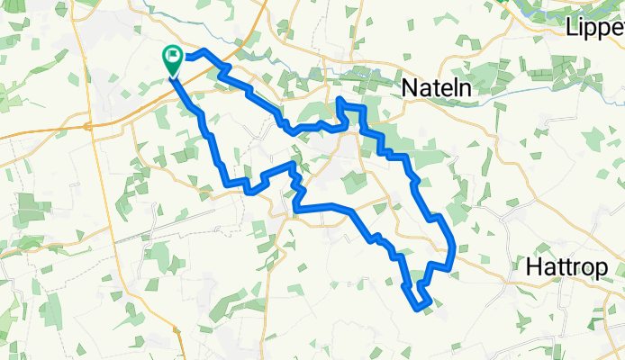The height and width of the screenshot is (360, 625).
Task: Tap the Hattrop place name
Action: tap(575, 267)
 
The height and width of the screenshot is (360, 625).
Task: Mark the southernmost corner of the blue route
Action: tap(418, 309)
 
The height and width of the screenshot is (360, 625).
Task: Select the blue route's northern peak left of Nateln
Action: tap(340, 99)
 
